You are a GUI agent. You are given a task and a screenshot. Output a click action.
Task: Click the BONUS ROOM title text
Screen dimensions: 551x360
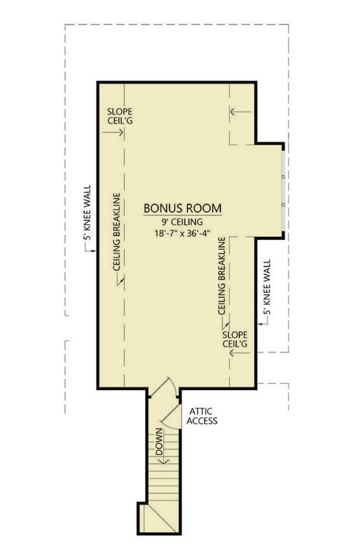(182, 208)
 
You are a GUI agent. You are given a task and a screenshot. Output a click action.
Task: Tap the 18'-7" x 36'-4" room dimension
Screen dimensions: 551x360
(182, 234)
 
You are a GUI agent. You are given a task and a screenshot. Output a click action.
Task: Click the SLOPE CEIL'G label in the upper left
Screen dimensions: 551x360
(119, 116)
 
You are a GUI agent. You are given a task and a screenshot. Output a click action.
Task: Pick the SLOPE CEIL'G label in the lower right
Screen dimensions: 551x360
(235, 338)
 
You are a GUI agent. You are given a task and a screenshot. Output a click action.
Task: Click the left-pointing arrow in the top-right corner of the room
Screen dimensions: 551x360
(240, 112)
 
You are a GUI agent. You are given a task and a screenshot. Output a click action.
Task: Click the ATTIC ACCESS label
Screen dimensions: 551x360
(202, 415)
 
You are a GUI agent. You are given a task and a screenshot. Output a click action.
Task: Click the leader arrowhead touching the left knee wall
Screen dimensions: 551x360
(95, 251)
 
